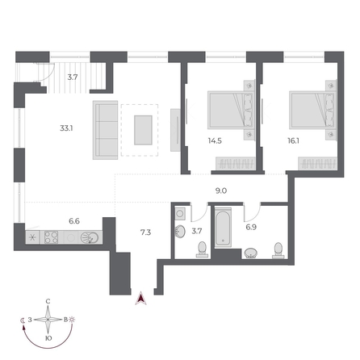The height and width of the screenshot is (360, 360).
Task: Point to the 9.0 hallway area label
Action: coord(220,192)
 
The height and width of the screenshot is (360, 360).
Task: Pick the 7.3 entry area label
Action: coord(145,232)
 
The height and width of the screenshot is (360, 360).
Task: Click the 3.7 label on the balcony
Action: coord(72,77)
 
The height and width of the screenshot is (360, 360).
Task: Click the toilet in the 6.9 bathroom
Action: coord(278,249)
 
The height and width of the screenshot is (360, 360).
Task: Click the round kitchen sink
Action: coord(91,237)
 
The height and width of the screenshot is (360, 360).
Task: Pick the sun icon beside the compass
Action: coord(73,320)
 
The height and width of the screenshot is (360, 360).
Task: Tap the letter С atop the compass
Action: coord(48,301)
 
